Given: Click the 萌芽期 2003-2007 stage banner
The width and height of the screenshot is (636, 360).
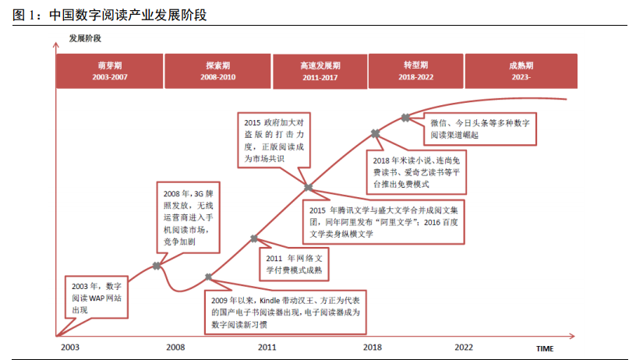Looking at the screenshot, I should [x=109, y=72].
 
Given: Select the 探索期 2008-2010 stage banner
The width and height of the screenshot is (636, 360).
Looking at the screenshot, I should [x=217, y=72].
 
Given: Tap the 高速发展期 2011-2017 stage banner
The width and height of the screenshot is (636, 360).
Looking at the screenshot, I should [x=320, y=72].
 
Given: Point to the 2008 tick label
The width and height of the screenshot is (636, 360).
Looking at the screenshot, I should [x=175, y=347].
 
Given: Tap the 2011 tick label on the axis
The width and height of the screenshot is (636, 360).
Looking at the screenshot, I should [x=267, y=347].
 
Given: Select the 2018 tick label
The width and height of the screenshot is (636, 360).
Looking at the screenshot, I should [x=373, y=347].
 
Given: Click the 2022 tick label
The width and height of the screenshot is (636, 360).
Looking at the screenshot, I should [x=464, y=347].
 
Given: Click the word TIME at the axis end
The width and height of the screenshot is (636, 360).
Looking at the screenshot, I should [x=544, y=348].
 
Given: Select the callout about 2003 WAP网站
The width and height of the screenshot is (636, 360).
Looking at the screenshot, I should [x=91, y=298].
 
